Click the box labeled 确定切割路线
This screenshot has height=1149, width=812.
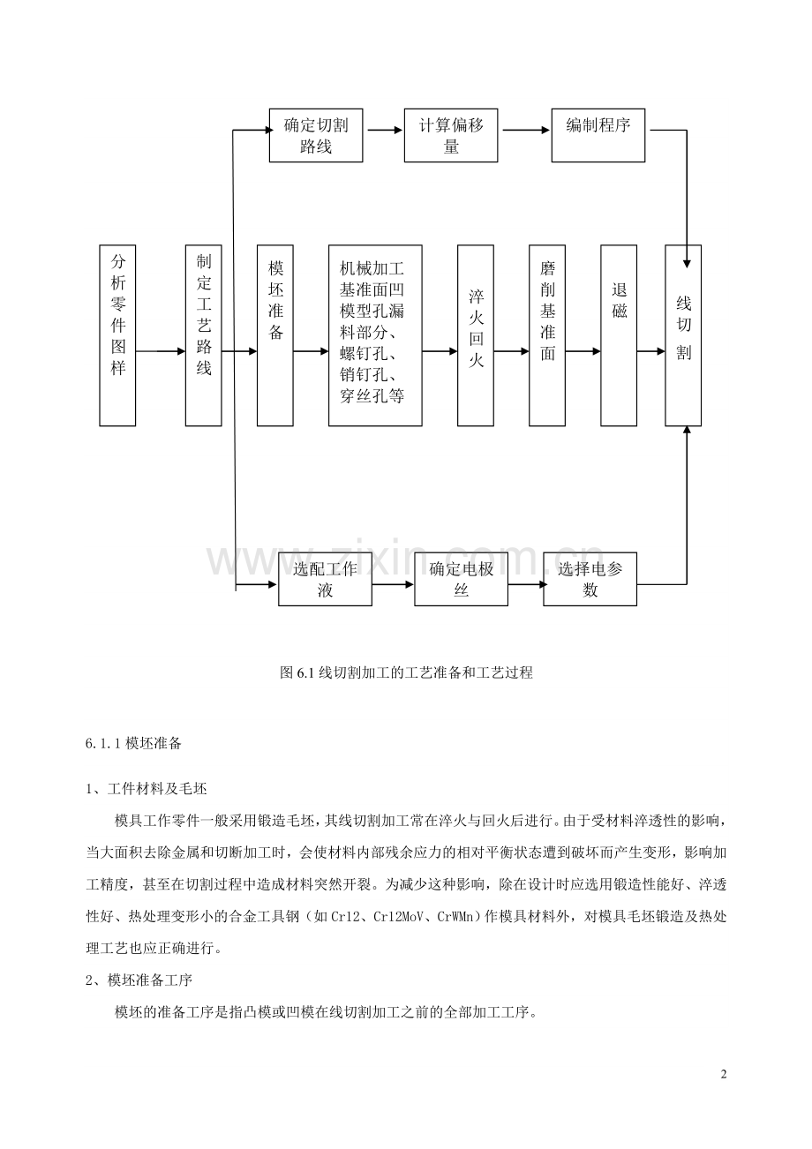316,135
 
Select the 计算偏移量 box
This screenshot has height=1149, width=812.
451,135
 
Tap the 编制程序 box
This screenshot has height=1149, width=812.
598,135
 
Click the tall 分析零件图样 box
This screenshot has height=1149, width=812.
117,335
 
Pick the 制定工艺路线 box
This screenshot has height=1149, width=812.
203,335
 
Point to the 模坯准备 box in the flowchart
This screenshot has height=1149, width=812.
274,335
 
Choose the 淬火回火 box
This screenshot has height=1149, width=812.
475,335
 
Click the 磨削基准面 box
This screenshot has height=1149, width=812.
547,335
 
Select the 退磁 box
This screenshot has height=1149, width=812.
619,335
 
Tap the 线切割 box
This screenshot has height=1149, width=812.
683,335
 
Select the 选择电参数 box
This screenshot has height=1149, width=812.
590,579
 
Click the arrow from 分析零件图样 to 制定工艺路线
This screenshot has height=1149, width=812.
161,351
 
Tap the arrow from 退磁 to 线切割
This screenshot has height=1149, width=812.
650,351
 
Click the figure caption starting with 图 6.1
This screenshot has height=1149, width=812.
406,672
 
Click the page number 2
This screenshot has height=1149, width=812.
725,1074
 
